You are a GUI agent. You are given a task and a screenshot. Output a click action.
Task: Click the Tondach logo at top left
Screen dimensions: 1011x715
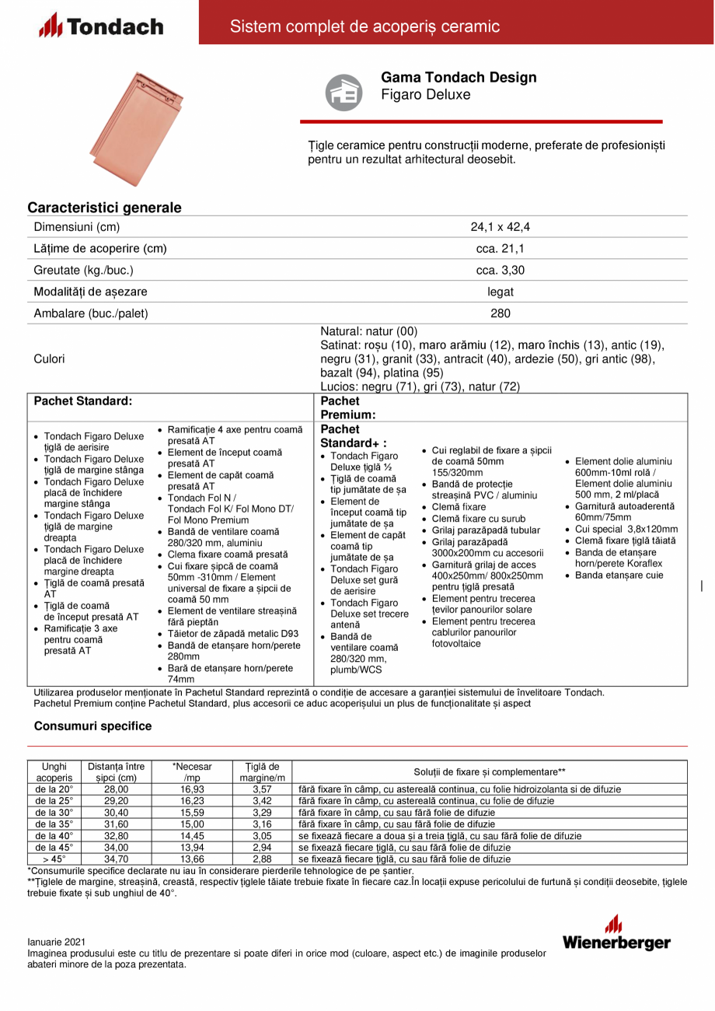[101, 26]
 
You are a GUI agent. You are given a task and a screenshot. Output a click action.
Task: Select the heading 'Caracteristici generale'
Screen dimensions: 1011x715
[105, 208]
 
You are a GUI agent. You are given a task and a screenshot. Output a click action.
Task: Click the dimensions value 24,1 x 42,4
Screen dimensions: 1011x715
[500, 227]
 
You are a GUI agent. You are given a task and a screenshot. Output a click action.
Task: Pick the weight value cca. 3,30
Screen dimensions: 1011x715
[500, 271]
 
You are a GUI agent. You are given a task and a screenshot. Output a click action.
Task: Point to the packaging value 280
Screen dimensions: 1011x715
[500, 314]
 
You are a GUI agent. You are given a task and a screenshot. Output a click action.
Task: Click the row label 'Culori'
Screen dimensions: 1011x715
[50, 359]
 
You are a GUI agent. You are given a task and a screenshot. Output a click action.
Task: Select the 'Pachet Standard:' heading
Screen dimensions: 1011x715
[83, 401]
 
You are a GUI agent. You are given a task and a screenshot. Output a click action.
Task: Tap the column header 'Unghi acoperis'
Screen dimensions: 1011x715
[54, 771]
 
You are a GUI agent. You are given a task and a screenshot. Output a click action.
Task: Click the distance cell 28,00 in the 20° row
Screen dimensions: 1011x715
[116, 789]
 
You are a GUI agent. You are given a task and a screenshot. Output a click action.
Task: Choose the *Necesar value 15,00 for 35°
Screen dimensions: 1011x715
[192, 824]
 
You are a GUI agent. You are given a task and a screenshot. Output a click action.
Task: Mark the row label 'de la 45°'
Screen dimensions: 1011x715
[54, 847]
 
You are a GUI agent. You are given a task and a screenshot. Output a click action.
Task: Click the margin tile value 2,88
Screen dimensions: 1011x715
[262, 859]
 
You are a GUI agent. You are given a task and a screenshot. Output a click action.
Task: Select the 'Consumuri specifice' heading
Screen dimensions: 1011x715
[92, 726]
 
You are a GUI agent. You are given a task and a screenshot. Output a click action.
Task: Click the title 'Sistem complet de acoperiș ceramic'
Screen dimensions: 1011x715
[364, 26]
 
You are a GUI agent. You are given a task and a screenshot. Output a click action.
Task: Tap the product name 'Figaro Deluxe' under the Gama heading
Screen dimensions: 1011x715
[425, 94]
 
